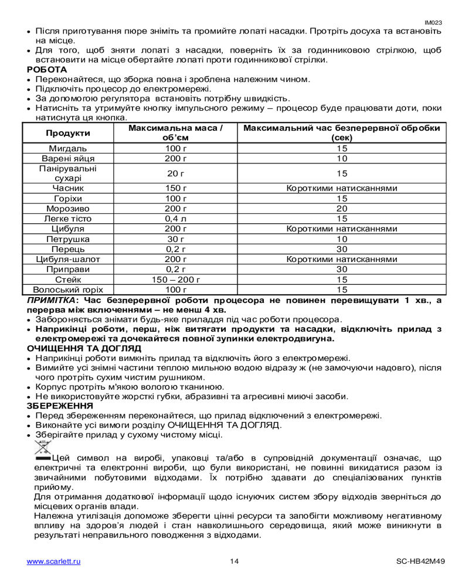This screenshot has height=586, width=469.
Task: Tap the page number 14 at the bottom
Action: click(x=234, y=562)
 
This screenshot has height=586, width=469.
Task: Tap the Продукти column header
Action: click(x=68, y=133)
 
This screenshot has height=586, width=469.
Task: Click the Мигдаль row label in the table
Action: click(x=68, y=148)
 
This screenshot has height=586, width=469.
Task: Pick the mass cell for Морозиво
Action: click(x=175, y=208)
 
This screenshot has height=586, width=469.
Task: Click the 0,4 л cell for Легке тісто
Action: click(x=175, y=218)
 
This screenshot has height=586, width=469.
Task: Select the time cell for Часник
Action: click(x=342, y=188)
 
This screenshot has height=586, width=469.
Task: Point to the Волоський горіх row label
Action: click(x=68, y=289)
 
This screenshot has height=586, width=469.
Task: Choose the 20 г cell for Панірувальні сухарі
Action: click(x=175, y=173)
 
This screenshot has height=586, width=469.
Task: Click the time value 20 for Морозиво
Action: click(x=342, y=208)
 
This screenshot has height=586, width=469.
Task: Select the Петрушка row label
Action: click(x=68, y=239)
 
